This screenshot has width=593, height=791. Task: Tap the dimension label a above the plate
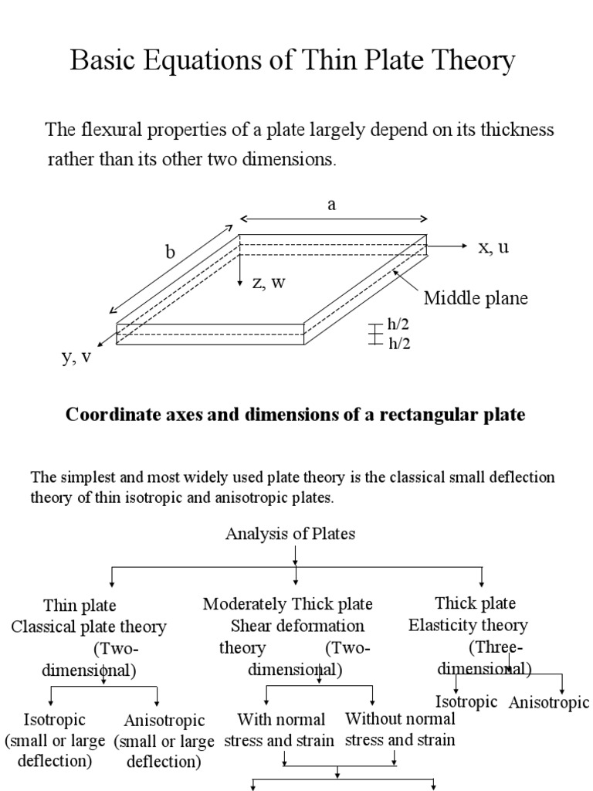coord(332,205)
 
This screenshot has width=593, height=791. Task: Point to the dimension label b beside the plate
coord(171,252)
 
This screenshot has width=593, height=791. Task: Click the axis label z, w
coord(269,282)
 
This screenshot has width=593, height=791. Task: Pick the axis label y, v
coord(77,357)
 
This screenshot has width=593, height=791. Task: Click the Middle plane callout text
coord(476,299)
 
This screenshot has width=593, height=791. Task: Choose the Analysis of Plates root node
coord(290,534)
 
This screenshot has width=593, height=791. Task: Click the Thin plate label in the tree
coord(80,606)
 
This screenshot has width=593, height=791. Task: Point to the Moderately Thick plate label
coord(288,603)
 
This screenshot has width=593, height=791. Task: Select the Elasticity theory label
coord(468,625)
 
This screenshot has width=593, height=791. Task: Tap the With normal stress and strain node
coord(280,730)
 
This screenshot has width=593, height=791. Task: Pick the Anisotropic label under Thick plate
coord(549,702)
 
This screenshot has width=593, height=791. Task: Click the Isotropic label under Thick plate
coord(466,701)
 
